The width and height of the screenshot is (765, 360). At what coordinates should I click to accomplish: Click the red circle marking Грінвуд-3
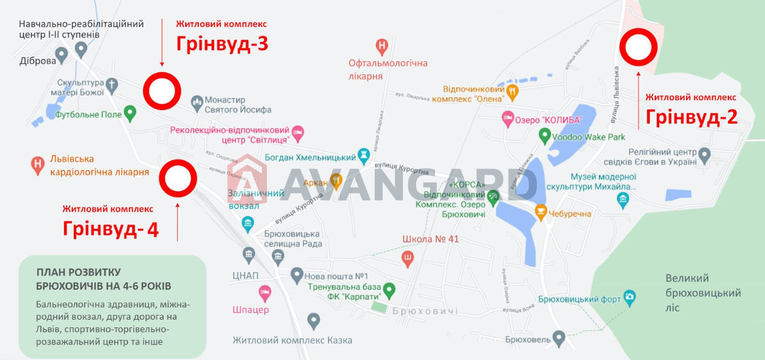pos(162,92)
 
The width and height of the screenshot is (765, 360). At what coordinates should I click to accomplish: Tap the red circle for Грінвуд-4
pos(178,179)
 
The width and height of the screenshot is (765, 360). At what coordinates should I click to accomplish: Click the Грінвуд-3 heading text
pos(222,44)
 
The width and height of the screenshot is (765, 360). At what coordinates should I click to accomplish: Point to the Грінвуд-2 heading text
pos(691,116)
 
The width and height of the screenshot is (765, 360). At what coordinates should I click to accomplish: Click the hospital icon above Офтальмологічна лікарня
pos(383,45)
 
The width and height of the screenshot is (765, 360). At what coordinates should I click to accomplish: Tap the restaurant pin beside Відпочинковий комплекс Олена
pos(512,92)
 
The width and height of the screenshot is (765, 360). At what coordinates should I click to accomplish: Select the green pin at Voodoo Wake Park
pos(544,134)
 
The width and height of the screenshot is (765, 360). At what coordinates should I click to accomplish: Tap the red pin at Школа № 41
pos(407,258)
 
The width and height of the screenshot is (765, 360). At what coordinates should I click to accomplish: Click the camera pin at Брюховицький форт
pos(629,298)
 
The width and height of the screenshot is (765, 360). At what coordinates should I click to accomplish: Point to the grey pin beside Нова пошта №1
pos(297,274)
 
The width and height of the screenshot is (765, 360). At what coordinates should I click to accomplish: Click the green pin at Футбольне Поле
pos(129,113)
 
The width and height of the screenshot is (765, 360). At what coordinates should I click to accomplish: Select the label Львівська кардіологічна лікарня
pos(98,166)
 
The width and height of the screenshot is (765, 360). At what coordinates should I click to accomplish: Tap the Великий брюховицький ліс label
pos(702,292)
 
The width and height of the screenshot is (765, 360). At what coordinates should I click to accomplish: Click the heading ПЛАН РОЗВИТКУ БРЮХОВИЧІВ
pos(103,279)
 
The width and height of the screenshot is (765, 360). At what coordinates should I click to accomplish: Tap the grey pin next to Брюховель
pos(559,338)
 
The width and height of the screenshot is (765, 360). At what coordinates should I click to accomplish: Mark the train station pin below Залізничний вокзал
pos(248,225)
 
